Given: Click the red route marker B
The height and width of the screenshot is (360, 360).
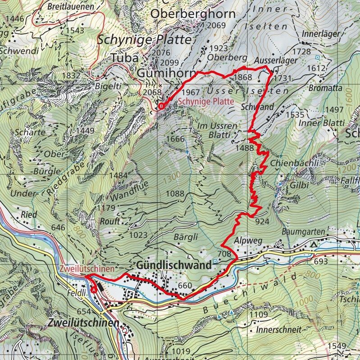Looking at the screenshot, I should point(161,106).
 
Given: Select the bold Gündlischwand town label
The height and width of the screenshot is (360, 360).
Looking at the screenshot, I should point(173,266).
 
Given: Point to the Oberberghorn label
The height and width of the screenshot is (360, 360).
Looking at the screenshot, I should point(192,14).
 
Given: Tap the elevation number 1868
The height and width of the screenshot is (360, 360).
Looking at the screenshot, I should point(243,77).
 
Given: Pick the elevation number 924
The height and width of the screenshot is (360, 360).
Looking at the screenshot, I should point(262,222).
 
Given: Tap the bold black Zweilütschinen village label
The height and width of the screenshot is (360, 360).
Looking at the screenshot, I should point(83,324).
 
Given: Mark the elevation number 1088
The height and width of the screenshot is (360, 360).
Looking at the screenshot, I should point(175,194).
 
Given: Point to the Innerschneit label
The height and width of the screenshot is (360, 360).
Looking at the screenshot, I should point(278,330).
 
